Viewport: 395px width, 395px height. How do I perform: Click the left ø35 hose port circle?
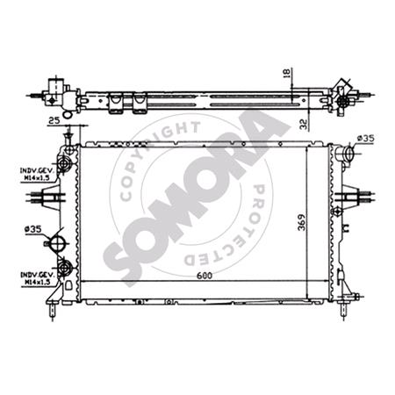61,242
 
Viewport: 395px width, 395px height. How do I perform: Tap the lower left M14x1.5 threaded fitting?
63,269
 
